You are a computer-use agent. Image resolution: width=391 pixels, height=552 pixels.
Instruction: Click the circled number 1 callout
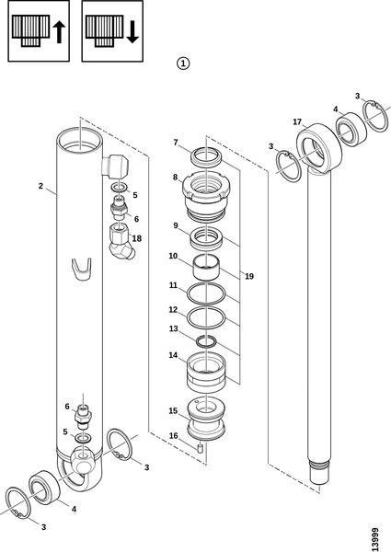(x=183, y=63)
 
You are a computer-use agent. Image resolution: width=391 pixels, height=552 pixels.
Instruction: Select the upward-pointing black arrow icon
(x=59, y=32)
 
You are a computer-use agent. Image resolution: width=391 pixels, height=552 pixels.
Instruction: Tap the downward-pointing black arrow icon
(x=132, y=32)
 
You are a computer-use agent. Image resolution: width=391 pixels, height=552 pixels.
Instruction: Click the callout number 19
(x=249, y=276)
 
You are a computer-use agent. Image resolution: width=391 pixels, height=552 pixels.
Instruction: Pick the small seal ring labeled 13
(x=206, y=341)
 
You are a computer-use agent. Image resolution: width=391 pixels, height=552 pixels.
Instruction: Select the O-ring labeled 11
(x=206, y=293)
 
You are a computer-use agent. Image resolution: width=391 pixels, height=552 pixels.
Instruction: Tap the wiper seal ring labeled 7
(x=206, y=155)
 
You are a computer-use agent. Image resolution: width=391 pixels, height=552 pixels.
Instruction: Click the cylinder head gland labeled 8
(x=206, y=195)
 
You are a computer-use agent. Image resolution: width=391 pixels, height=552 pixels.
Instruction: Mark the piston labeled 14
(x=206, y=373)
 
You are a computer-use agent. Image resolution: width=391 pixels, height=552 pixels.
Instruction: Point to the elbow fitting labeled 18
(x=121, y=244)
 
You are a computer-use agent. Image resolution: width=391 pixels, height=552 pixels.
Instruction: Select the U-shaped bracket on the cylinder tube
(x=81, y=270)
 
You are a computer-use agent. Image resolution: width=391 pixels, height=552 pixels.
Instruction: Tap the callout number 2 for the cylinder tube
(x=40, y=186)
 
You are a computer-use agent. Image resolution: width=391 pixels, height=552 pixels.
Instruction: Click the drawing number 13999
(x=375, y=539)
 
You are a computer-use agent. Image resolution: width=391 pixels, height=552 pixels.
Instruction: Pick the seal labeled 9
(x=206, y=238)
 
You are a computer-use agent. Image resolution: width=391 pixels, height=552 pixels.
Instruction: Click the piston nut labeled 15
(x=206, y=419)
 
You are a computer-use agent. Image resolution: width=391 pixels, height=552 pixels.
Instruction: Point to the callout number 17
(x=297, y=121)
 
